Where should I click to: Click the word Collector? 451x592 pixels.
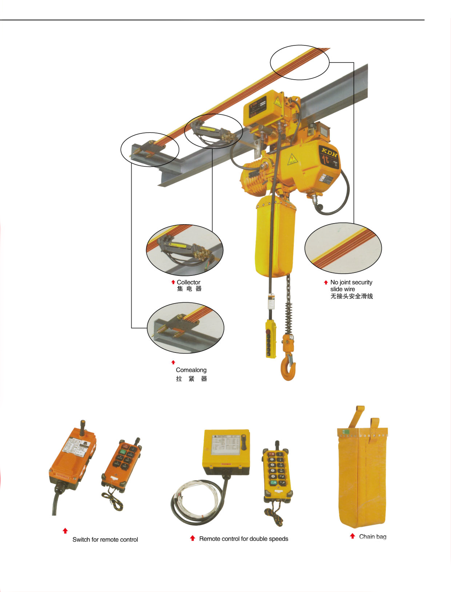(188, 282)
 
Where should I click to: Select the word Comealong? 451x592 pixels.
(191, 370)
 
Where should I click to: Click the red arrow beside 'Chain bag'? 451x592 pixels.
(352, 536)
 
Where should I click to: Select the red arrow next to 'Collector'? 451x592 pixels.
(173, 282)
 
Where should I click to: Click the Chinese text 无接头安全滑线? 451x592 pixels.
(351, 296)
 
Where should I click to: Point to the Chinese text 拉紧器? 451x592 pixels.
(191, 379)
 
